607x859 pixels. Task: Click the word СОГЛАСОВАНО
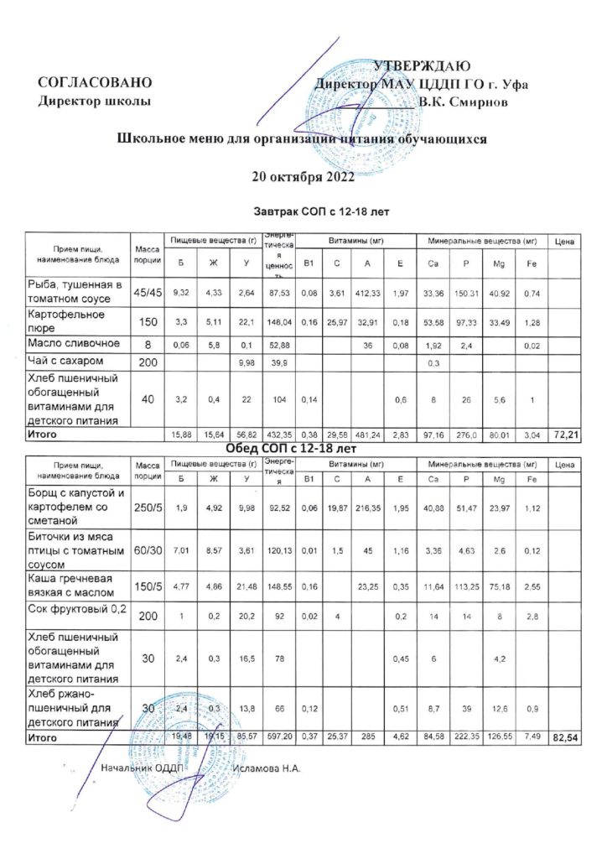pyautogui.click(x=96, y=84)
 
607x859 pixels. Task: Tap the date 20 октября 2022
pyautogui.click(x=303, y=177)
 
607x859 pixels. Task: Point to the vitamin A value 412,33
pyautogui.click(x=369, y=293)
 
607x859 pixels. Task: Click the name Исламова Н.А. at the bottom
pyautogui.click(x=267, y=768)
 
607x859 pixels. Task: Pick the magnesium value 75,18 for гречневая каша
pyautogui.click(x=495, y=587)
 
